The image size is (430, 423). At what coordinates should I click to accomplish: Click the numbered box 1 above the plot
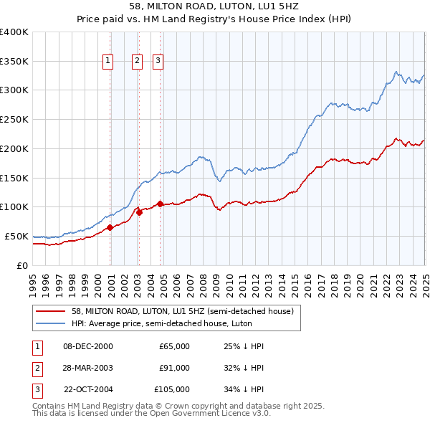[107, 62]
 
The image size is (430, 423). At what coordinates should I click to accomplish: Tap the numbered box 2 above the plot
[136, 62]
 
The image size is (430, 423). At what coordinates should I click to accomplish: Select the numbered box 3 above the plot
[157, 62]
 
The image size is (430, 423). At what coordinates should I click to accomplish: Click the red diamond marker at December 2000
[110, 227]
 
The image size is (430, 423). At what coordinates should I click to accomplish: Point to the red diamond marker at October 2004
[160, 204]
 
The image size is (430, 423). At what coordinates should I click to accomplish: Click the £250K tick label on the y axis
[14, 119]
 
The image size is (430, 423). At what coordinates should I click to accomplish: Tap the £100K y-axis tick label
[14, 206]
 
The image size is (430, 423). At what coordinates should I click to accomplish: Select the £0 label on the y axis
[22, 265]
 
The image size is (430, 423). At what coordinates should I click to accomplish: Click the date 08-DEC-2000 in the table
[88, 346]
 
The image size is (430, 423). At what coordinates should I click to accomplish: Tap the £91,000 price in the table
[174, 368]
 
